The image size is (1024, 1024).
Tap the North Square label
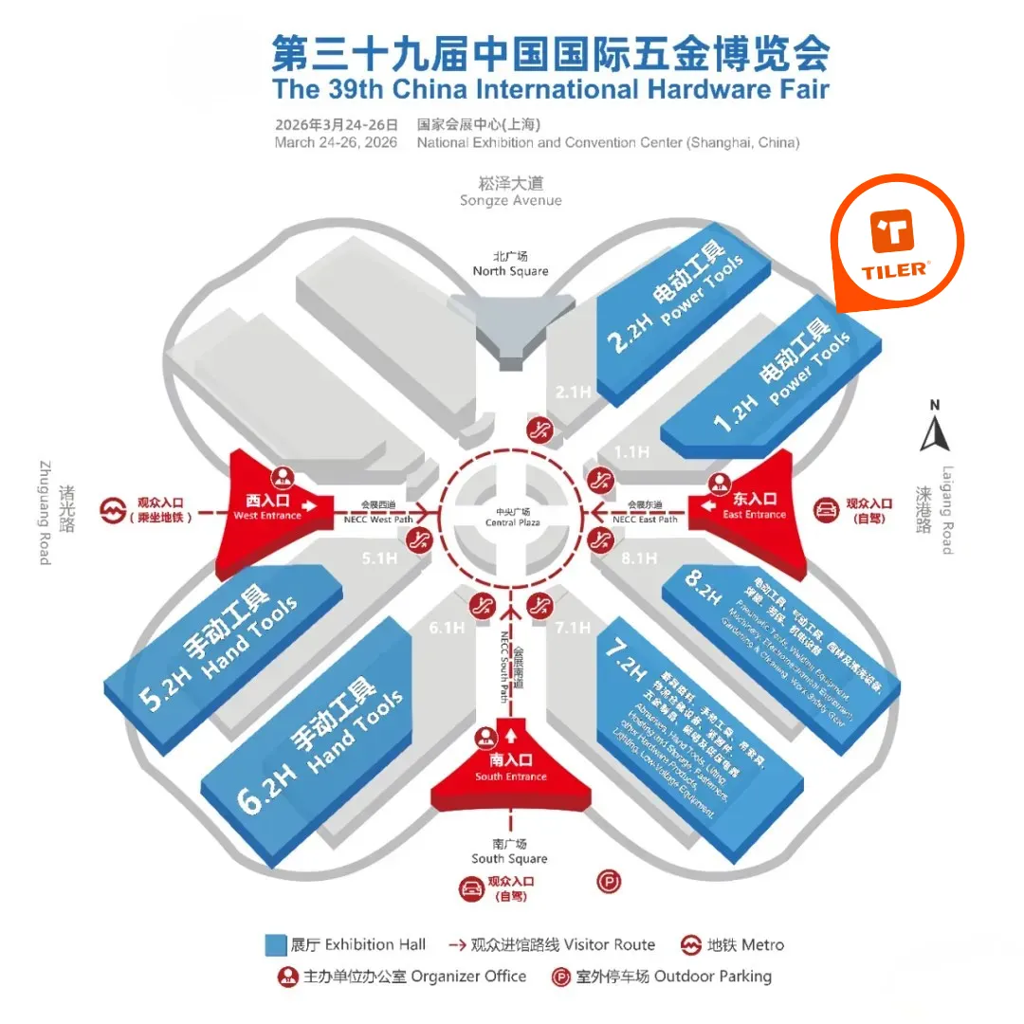510,264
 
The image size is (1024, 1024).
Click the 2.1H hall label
573,391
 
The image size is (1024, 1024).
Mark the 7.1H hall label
573,627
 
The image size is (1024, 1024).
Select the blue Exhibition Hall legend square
276,945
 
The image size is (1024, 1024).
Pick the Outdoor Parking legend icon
561,977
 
